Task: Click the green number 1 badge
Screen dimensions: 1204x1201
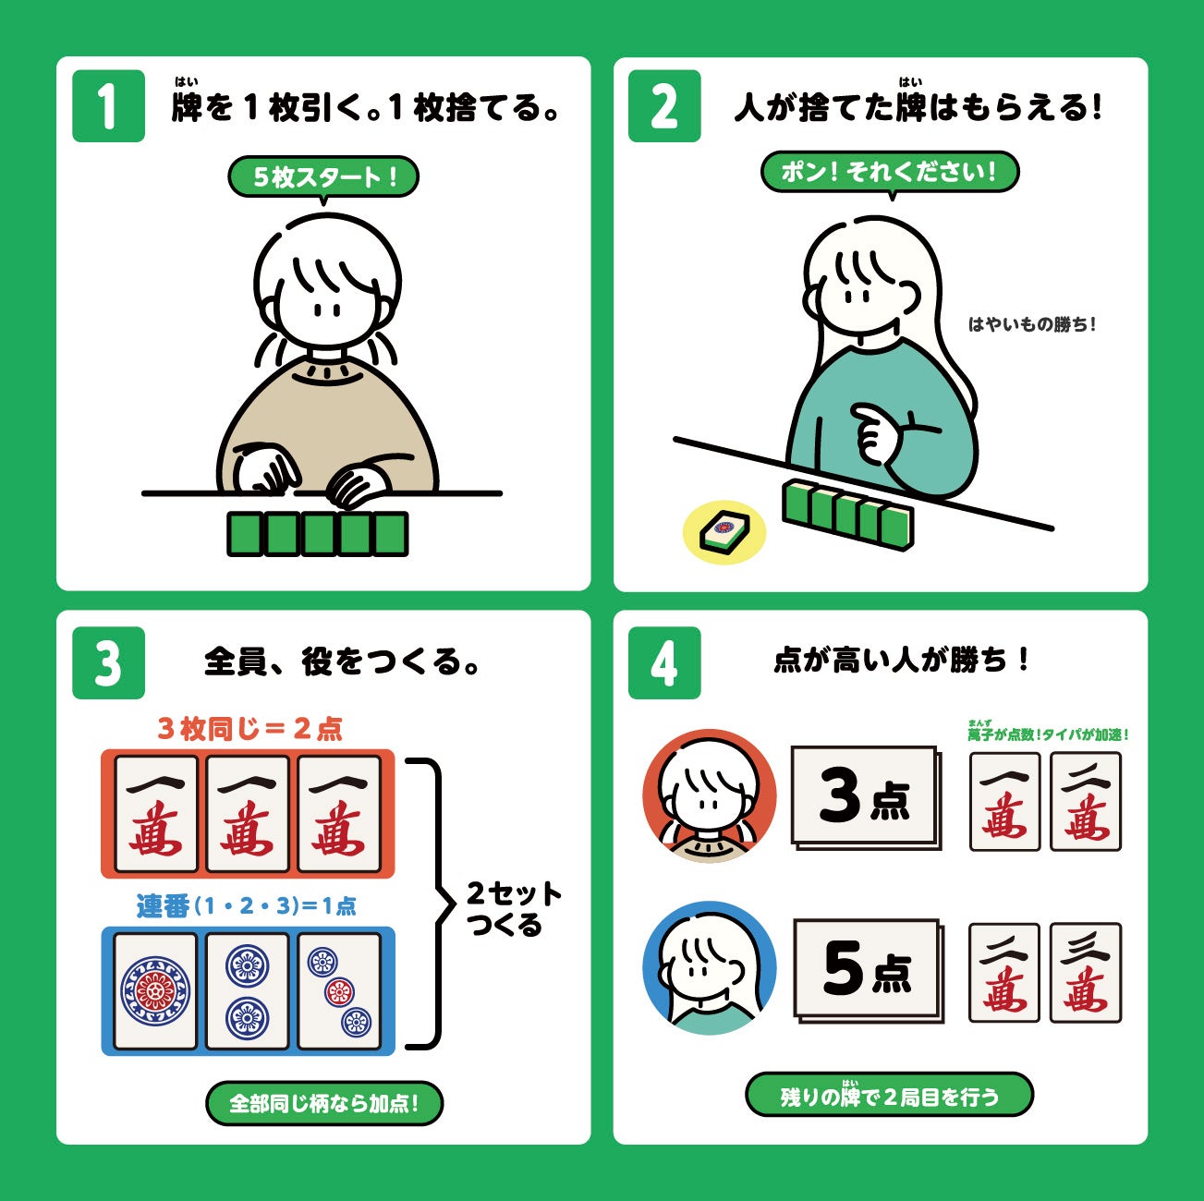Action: pos(109,106)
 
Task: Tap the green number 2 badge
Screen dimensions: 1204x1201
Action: pos(664,106)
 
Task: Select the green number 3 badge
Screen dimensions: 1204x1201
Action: pos(109,662)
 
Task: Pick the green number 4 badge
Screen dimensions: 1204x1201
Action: pos(664,662)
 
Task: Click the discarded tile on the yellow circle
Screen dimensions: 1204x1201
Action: pos(724,532)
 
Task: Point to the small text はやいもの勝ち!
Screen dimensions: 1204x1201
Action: pos(1032,324)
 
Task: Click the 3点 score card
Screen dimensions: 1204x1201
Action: pos(867,797)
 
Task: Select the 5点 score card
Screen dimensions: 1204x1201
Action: pos(869,970)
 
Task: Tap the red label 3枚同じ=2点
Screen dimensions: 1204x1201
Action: pos(249,729)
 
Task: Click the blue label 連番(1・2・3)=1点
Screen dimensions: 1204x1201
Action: pos(246,905)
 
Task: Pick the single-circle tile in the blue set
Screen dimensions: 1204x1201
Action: pos(155,991)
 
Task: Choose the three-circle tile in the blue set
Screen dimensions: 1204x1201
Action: pos(339,991)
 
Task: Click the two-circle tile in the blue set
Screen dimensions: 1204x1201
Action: pos(248,991)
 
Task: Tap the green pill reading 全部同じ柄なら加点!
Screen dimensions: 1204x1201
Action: pos(324,1103)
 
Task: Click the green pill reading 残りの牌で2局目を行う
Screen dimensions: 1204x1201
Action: pos(890,1095)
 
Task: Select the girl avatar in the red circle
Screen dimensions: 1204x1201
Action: pos(709,796)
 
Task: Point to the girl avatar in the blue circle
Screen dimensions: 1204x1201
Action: pos(709,968)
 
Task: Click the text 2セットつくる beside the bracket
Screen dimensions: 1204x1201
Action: pos(514,909)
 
